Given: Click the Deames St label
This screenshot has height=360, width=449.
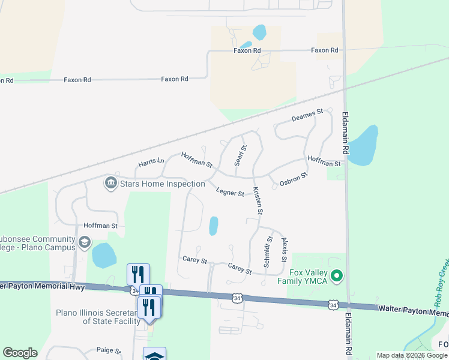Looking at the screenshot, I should (x=307, y=115).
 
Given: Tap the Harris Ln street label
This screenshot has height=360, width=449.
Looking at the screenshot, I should (x=151, y=162).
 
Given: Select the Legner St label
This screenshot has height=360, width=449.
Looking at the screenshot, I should (x=230, y=193).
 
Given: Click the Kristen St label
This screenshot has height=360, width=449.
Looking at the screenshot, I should (x=258, y=200).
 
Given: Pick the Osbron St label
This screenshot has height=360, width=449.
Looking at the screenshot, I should (x=294, y=179).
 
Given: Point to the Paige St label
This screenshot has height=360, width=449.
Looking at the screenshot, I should (x=109, y=350).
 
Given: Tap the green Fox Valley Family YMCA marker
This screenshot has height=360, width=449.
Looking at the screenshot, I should (x=337, y=276).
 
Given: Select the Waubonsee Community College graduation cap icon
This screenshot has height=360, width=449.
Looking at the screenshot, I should (x=85, y=243).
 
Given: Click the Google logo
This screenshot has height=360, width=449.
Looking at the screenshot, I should (x=20, y=353).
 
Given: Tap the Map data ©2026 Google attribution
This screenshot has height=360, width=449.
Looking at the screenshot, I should (x=411, y=355).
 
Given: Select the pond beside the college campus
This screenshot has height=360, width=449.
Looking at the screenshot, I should (x=104, y=256).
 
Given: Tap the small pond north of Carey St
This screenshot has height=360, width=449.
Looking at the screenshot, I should (x=213, y=226).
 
